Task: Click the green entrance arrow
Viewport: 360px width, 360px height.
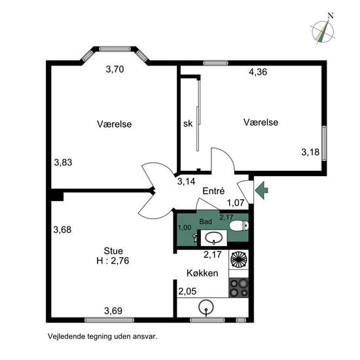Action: click(261, 190)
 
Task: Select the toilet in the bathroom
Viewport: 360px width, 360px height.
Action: click(239, 226)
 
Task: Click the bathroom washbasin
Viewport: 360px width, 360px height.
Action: click(214, 238)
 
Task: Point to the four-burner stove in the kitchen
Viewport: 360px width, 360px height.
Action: click(239, 287)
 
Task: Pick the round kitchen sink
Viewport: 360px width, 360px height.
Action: click(206, 307)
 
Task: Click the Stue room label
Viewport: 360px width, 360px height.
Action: click(113, 251)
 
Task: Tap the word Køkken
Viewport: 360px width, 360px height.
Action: click(202, 273)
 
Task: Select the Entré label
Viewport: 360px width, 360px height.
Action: click(213, 190)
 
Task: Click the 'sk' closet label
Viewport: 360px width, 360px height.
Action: click(188, 124)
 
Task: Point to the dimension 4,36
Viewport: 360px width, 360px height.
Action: click(258, 72)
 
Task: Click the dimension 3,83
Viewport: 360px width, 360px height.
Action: click(63, 162)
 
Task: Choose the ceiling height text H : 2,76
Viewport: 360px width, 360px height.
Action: click(113, 261)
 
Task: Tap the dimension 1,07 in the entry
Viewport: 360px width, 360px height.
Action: click(236, 203)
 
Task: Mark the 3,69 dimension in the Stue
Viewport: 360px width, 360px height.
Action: click(113, 311)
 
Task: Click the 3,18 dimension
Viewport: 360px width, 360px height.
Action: click(310, 152)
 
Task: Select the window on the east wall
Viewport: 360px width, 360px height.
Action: click(324, 143)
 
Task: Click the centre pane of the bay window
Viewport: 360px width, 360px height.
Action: click(115, 49)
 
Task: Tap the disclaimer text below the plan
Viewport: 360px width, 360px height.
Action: click(102, 336)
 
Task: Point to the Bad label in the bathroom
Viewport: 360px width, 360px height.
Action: click(206, 221)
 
